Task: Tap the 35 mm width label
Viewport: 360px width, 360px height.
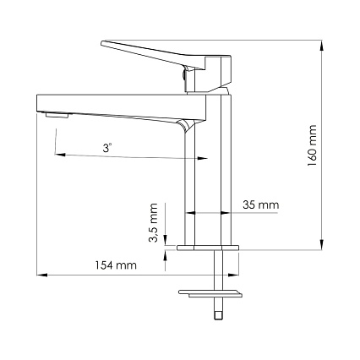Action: (260, 205)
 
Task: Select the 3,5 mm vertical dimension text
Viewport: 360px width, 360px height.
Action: (153, 223)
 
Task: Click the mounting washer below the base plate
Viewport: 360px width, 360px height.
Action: (211, 293)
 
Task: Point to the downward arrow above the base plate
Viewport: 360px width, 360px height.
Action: (166, 239)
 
